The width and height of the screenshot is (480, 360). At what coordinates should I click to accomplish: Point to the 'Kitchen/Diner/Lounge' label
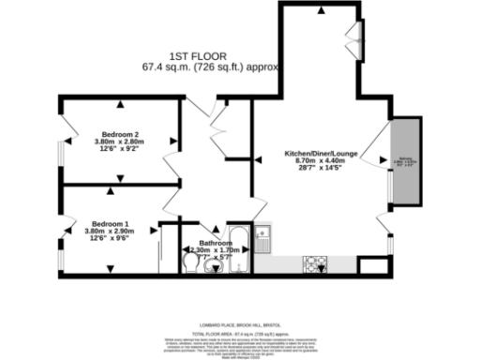[322, 153]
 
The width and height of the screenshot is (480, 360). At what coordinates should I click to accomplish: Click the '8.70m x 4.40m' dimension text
[322, 160]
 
